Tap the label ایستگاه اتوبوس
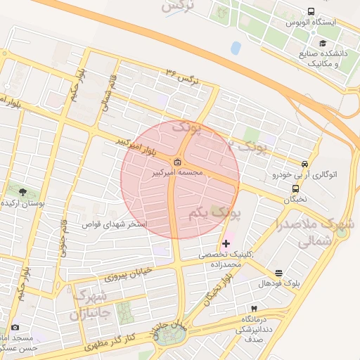point(311,23)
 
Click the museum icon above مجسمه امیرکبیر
point(176,162)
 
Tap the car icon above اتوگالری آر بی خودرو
point(304,163)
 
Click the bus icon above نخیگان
point(295,188)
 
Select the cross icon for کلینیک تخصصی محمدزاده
point(225,243)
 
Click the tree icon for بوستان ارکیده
point(22,191)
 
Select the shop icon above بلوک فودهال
point(279,273)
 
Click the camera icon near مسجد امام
point(15,327)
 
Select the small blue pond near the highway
point(235,48)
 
